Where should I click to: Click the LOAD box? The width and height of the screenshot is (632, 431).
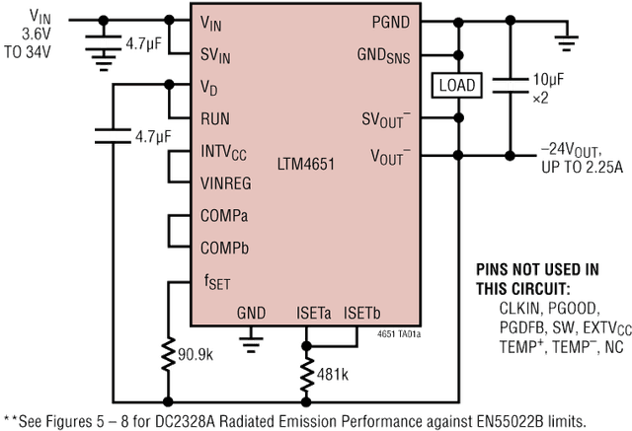coord(456,86)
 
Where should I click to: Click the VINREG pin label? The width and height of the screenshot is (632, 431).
coord(227,180)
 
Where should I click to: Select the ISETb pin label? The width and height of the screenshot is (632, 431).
coord(361,313)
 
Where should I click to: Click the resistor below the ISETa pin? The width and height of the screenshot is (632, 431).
coord(306,374)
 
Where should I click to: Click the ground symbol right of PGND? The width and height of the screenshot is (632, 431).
coord(564,40)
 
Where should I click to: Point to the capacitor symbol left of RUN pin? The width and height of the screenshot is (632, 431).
coord(114,134)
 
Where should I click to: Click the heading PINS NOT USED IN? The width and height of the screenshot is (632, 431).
coord(536,268)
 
